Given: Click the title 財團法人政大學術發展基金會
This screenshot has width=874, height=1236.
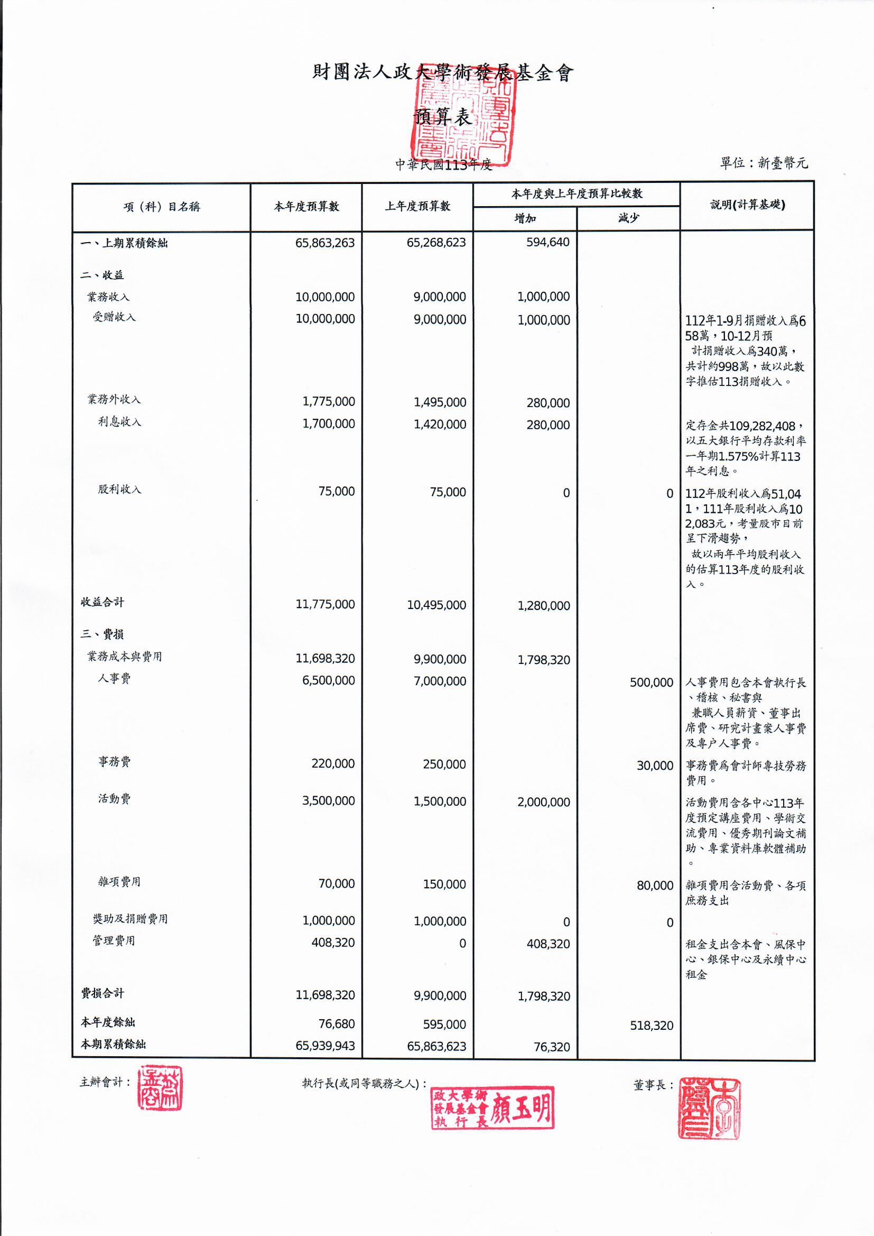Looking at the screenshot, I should pos(442,72).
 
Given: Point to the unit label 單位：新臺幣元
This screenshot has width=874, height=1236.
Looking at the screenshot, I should pos(764,163).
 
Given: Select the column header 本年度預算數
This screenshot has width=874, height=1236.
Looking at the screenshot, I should pos(306,207).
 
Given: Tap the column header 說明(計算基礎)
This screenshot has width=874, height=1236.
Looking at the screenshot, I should pos(747,205).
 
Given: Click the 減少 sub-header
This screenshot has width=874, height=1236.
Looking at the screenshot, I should pos(628,218).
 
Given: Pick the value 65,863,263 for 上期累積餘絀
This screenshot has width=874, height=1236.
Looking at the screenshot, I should pos(324,243).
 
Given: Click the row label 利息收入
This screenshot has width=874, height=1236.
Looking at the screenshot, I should pos(119,422).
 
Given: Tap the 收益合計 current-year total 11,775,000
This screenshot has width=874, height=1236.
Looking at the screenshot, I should pos(324,605).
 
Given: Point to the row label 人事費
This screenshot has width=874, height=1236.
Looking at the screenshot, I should pos(114,678).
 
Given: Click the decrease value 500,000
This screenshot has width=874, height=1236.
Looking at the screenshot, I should pos(651,683).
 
